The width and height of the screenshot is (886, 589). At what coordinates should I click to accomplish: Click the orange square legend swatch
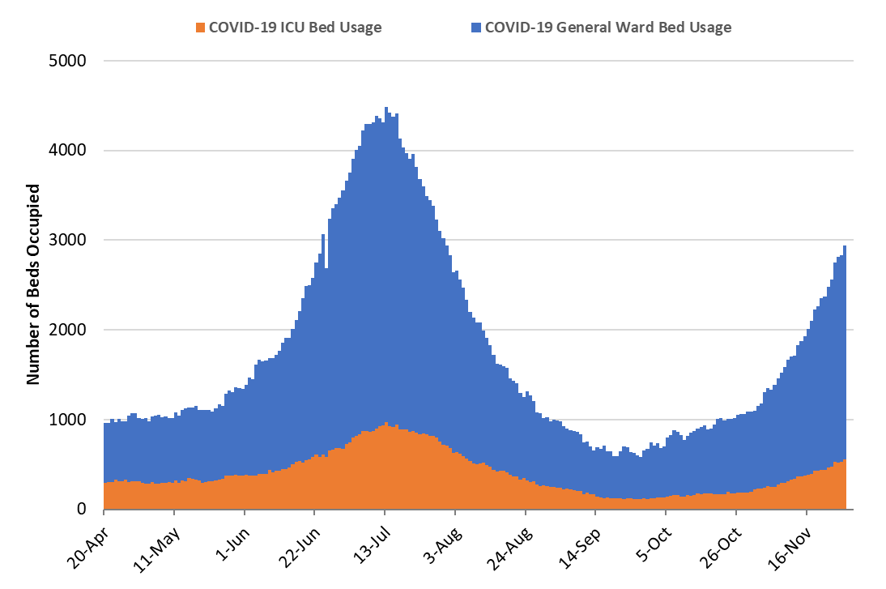(201, 28)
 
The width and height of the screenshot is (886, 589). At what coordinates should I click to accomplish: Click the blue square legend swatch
(476, 28)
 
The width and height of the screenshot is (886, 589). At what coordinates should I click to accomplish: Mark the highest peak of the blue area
(385, 108)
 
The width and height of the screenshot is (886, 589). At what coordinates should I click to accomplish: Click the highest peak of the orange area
(386, 423)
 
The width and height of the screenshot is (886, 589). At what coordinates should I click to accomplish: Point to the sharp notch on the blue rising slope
(326, 266)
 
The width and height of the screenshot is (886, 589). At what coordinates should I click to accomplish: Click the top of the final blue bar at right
(845, 246)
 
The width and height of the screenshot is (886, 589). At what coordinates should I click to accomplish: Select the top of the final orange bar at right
(845, 460)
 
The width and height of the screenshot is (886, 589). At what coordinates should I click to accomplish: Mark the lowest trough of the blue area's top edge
(640, 458)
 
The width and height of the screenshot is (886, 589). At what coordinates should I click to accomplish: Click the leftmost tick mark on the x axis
(104, 512)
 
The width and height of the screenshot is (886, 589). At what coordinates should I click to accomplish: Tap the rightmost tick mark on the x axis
(807, 512)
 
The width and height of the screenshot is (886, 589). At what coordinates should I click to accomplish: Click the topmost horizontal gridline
(478, 61)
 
